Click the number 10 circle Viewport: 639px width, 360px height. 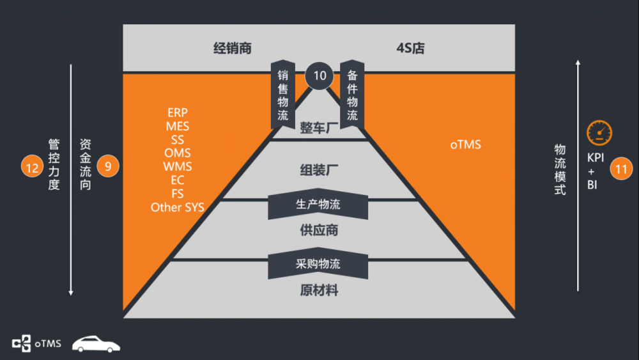pos(319,75)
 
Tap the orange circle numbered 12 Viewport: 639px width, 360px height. pos(31,167)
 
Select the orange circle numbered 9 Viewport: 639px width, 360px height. pos(108,167)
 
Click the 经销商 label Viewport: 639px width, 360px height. pos(232,49)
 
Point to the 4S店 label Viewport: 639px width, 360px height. pos(410,49)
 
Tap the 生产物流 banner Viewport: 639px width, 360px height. pos(318,205)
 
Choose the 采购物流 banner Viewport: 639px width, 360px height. pos(318,264)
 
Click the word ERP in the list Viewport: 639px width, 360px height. pos(177,113)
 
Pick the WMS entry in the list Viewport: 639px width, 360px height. pos(177,167)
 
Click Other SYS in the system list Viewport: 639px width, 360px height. pos(177,207)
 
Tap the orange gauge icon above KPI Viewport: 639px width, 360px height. pos(599,133)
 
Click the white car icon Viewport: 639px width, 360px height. pos(96,344)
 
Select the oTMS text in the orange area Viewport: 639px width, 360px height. pos(465,145)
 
